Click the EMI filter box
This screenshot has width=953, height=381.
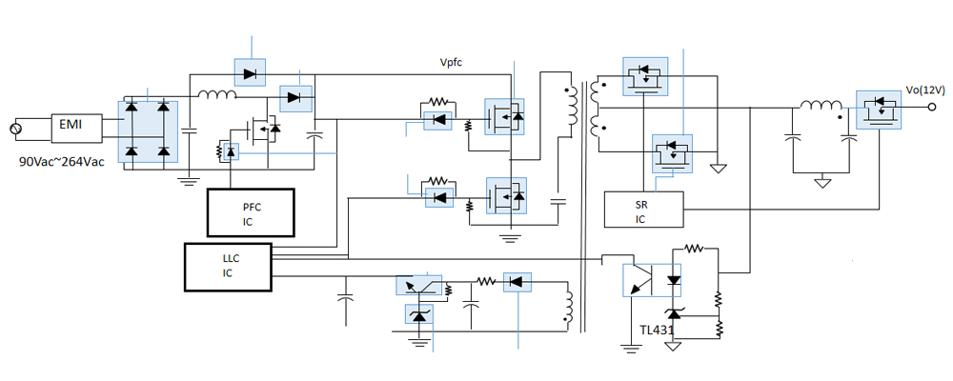click(71, 126)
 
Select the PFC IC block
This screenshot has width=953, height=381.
click(251, 211)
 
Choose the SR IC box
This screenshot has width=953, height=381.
click(644, 210)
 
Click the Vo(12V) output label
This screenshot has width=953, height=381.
click(924, 90)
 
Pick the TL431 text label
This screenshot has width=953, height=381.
click(658, 331)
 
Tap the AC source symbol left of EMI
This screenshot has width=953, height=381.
click(14, 128)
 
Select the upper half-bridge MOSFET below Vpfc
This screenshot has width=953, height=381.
click(504, 117)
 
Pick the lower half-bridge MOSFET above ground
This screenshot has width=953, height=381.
click(504, 196)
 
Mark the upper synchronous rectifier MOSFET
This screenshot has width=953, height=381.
click(648, 76)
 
